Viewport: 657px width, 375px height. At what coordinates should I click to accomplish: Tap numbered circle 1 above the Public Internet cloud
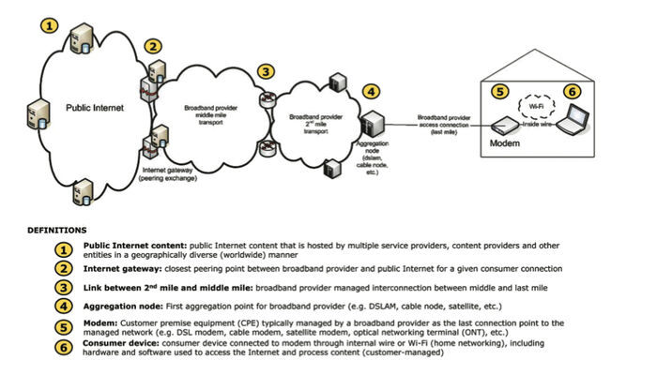[x=49, y=24]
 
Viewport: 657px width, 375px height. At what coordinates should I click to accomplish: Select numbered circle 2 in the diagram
[x=153, y=46]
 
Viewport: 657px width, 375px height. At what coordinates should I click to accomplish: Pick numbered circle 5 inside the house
[x=499, y=92]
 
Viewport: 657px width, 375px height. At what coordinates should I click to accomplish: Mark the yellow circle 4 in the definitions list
[x=64, y=306]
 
